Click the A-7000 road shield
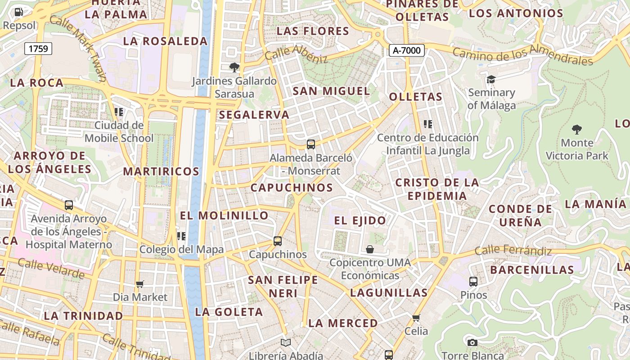click(407, 50)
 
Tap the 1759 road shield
click(38, 49)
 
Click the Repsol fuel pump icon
click(18, 12)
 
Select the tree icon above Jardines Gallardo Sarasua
click(234, 67)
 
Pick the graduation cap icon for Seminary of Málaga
click(491, 80)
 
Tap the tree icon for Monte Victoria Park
click(577, 130)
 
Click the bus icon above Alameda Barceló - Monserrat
click(311, 144)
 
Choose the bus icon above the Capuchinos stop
click(278, 241)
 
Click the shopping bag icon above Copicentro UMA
click(370, 249)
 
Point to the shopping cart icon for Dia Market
click(140, 284)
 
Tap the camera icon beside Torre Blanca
click(472, 343)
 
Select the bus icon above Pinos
click(473, 282)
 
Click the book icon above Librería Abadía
click(286, 343)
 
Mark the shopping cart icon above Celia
click(416, 318)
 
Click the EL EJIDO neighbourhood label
click(360, 220)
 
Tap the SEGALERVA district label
click(254, 115)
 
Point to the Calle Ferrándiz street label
click(513, 250)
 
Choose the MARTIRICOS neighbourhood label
click(161, 171)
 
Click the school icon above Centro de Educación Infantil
click(428, 124)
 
